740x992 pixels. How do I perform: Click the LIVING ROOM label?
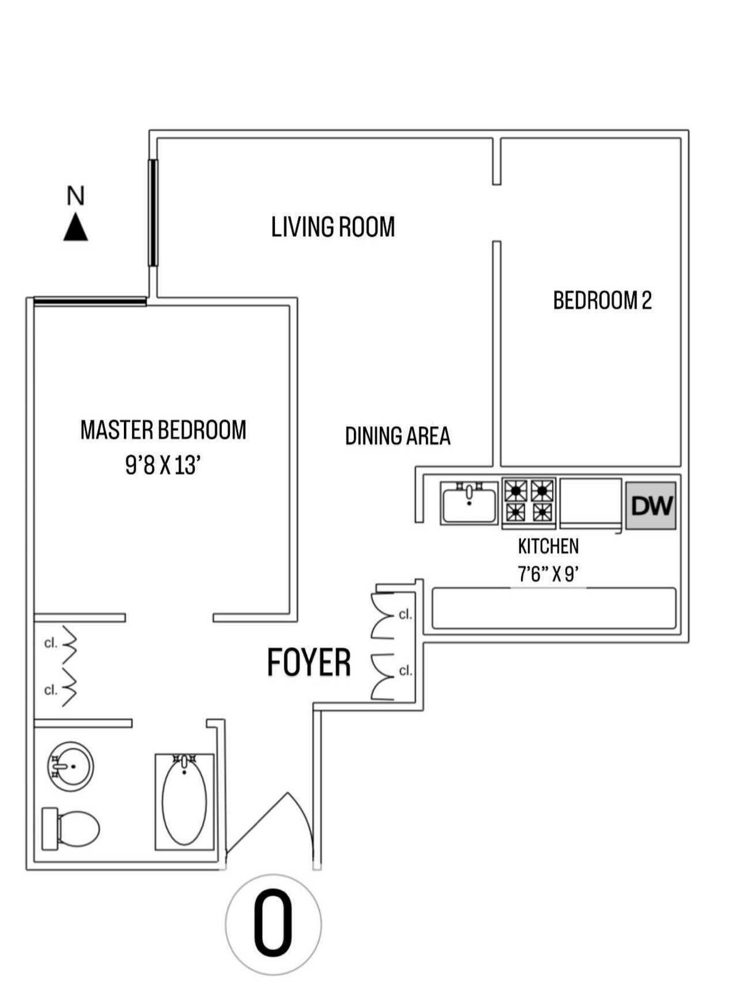(x=333, y=227)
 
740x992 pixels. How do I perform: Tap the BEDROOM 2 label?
(x=602, y=300)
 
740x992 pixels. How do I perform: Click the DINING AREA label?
(x=398, y=436)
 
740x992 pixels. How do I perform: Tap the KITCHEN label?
(x=548, y=546)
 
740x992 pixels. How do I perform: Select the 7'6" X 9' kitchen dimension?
(x=548, y=575)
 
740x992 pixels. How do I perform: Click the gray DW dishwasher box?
(x=651, y=506)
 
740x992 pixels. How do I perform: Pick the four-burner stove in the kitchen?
(x=529, y=502)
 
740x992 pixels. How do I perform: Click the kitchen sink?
(x=469, y=502)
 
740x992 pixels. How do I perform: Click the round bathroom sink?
(x=70, y=766)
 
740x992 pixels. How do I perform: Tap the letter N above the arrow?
(x=75, y=196)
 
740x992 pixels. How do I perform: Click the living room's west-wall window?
(x=154, y=213)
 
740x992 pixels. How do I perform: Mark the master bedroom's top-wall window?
(x=90, y=301)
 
